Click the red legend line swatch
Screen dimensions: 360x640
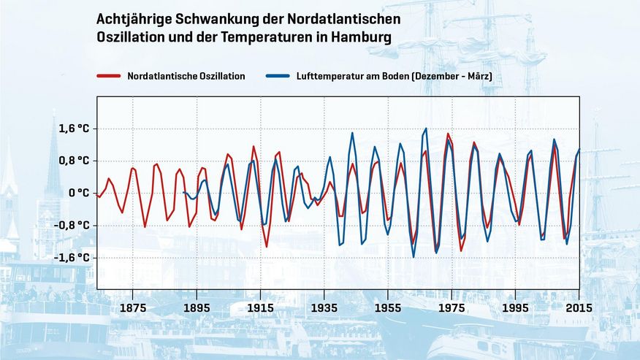[x=108, y=76]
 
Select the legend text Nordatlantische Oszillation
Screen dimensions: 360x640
[x=186, y=76]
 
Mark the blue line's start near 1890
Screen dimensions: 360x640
[x=183, y=193]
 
